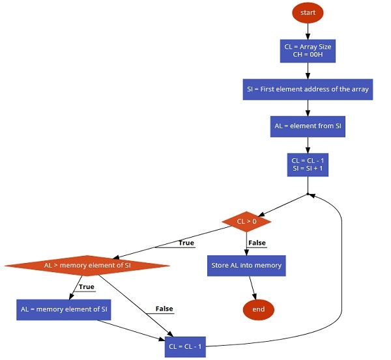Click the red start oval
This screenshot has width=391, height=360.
(x=307, y=12)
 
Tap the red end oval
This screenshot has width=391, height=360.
(x=258, y=309)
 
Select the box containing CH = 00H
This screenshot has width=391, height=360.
(x=307, y=51)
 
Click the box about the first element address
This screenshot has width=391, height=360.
(x=308, y=89)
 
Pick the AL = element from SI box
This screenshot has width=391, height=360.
(x=308, y=126)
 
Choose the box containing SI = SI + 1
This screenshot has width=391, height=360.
(x=308, y=163)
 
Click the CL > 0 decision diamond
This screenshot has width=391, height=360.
(x=246, y=222)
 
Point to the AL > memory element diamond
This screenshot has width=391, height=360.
(x=87, y=266)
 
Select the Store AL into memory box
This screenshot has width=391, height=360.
(x=246, y=266)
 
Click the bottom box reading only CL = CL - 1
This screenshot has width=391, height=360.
(x=185, y=346)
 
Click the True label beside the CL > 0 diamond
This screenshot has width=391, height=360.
(x=186, y=243)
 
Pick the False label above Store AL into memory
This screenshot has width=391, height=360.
(x=257, y=243)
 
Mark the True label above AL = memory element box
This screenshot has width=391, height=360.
(x=86, y=287)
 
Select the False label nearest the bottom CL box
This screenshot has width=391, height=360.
(x=164, y=309)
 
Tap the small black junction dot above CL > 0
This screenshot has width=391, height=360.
(x=308, y=194)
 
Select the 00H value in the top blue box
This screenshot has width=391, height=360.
(x=314, y=56)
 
